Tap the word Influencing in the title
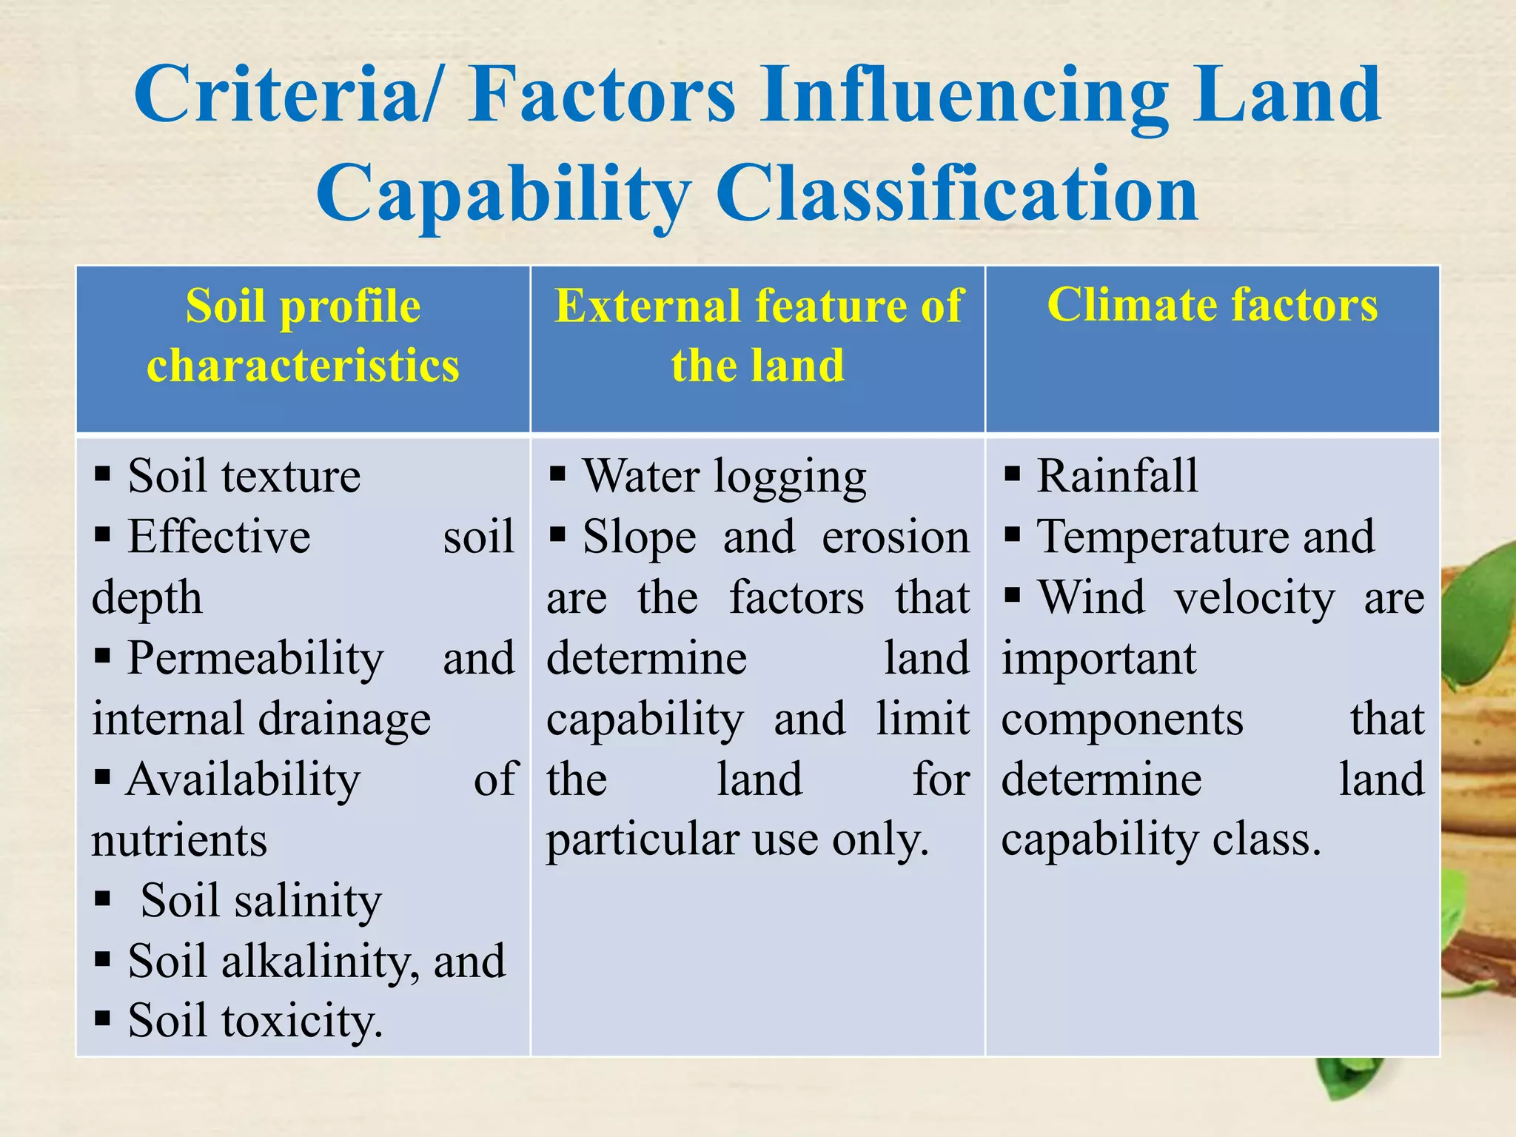pyautogui.click(x=965, y=95)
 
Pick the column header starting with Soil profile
pyautogui.click(x=303, y=335)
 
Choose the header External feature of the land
pyautogui.click(x=758, y=335)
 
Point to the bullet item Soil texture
pyautogui.click(x=244, y=475)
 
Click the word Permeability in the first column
pyautogui.click(x=255, y=657)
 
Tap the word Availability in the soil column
pyautogui.click(x=244, y=779)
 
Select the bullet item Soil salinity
pyautogui.click(x=261, y=900)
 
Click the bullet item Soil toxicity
pyautogui.click(x=255, y=1022)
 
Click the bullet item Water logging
pyautogui.click(x=724, y=475)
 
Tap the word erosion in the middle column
pyautogui.click(x=895, y=536)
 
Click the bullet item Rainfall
pyautogui.click(x=1117, y=475)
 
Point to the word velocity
pyautogui.click(x=1255, y=597)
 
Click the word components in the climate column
pyautogui.click(x=1122, y=718)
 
